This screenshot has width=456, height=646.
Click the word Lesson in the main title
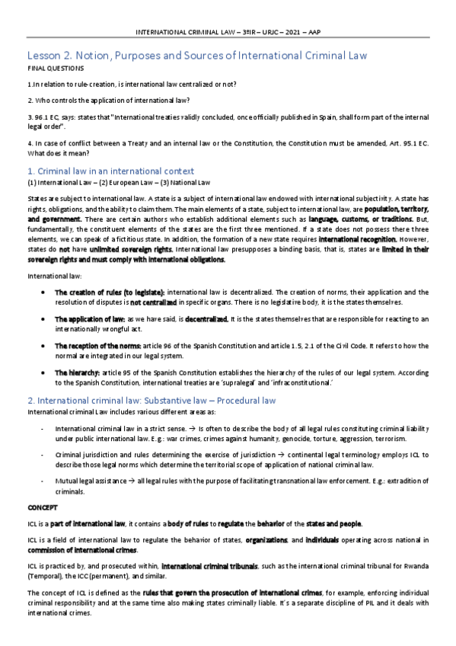[x=45, y=56]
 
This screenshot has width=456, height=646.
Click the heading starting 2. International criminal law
[x=151, y=400]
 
